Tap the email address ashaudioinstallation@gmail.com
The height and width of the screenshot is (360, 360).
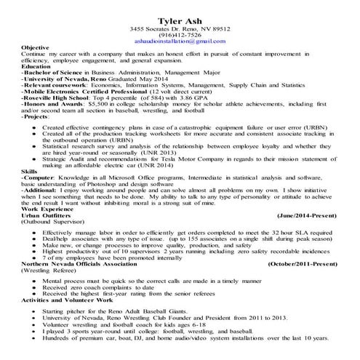pyautogui.click(x=180, y=42)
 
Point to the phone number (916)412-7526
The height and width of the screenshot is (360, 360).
pyautogui.click(x=180, y=35)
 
